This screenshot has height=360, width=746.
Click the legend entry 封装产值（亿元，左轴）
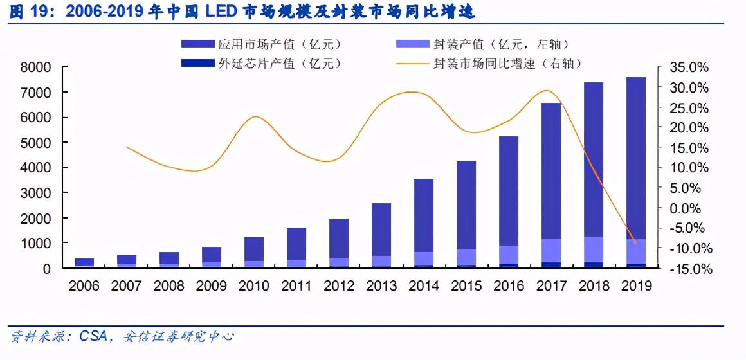(x=482, y=44)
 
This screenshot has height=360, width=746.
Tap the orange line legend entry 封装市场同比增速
(x=489, y=64)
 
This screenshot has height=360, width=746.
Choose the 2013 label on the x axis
(x=381, y=285)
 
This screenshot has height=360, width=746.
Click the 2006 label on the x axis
(x=84, y=285)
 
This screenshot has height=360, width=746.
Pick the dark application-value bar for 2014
(x=423, y=215)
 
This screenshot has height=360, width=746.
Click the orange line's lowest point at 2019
(x=635, y=243)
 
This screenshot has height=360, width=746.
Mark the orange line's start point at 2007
(x=126, y=147)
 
